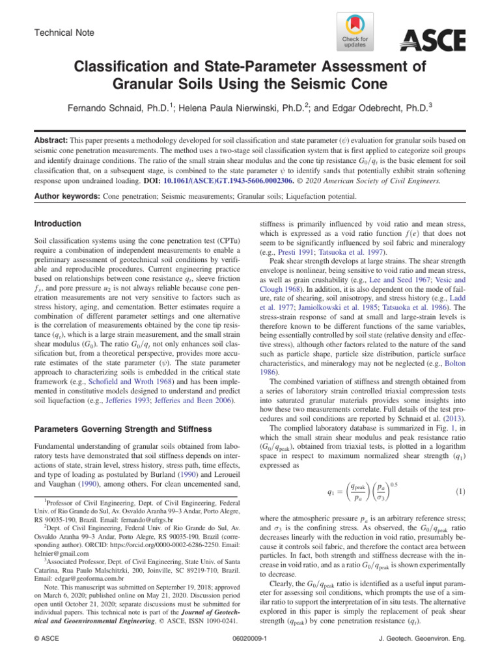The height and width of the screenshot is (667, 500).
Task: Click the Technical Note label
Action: click(64, 32)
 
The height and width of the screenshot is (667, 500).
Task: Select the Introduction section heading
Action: click(59, 223)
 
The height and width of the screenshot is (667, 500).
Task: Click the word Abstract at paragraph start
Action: click(51, 139)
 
